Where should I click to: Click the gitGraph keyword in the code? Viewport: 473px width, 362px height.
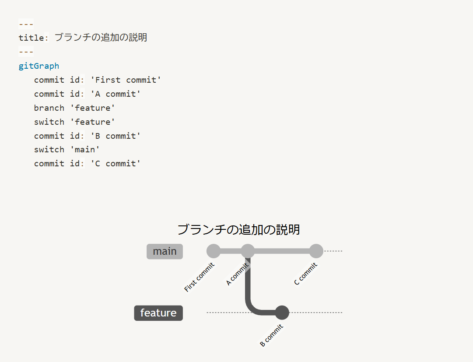39,66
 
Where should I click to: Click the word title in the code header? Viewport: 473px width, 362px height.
31,38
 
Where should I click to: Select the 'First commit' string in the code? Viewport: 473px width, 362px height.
126,80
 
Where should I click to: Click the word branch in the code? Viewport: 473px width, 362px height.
49,108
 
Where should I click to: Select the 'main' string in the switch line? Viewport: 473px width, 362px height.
85,149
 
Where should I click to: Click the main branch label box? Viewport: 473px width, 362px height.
165,251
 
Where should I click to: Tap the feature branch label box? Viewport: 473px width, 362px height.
158,313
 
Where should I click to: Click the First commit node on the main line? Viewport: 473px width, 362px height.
213,251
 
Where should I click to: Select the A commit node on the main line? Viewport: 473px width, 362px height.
248,251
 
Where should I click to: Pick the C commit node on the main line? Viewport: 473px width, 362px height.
316,251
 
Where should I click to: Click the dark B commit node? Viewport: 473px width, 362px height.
282,313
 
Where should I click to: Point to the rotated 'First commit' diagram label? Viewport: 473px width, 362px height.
199,277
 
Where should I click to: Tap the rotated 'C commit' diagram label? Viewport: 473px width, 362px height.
305,274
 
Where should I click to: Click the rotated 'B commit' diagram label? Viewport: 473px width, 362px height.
271,335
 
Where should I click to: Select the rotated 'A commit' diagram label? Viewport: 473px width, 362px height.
237,274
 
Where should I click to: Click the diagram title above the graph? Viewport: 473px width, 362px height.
238,229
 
